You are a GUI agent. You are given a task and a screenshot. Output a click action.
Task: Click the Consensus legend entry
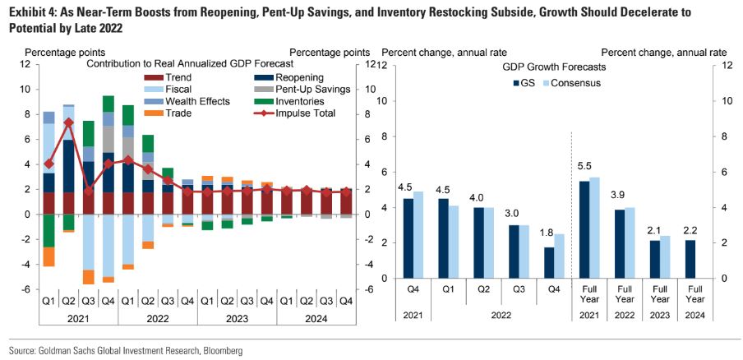(574, 83)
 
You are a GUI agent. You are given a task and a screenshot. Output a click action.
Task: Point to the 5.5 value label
(584, 167)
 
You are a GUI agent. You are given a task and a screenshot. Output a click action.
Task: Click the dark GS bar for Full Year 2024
(690, 258)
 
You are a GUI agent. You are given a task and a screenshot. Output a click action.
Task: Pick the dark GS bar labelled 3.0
(514, 251)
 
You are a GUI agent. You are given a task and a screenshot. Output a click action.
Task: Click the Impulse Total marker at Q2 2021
(68, 122)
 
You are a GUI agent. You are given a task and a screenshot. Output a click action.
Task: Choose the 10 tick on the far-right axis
(727, 101)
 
